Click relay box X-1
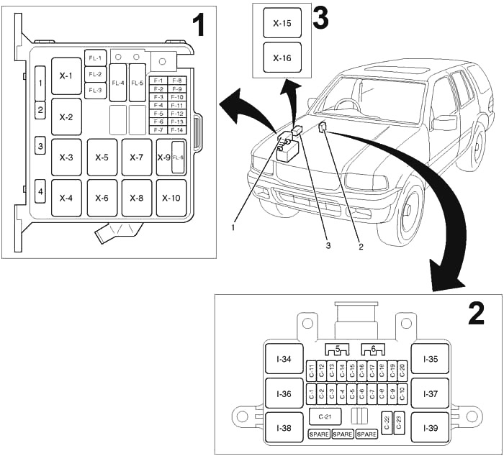click(66, 76)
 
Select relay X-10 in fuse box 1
click(171, 198)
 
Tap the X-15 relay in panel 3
click(282, 23)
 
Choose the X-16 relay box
click(282, 58)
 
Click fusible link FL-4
click(118, 83)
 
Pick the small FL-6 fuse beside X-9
click(178, 157)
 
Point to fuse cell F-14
click(177, 129)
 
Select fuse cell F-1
click(158, 81)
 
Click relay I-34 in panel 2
click(283, 359)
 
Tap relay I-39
click(430, 427)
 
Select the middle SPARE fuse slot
click(343, 434)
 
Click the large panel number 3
click(320, 18)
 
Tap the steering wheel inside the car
click(348, 105)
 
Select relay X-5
click(102, 157)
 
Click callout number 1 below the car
click(233, 227)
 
